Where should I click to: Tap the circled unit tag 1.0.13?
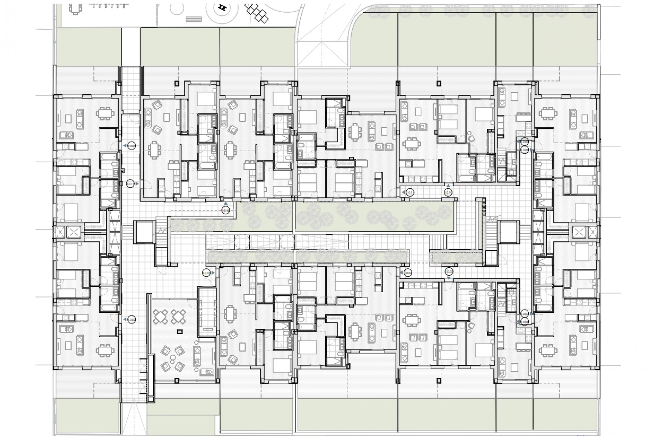(130, 184)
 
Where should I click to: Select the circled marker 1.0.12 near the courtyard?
(225, 211)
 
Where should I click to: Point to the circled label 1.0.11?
(410, 192)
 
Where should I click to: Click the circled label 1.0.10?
(448, 192)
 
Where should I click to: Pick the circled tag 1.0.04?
(408, 273)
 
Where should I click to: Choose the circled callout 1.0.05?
(449, 271)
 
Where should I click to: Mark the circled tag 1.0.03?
(206, 273)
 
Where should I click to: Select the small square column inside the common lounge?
(180, 331)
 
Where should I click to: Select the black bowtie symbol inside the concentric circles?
(223, 7)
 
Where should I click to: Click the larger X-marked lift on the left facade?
(73, 232)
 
